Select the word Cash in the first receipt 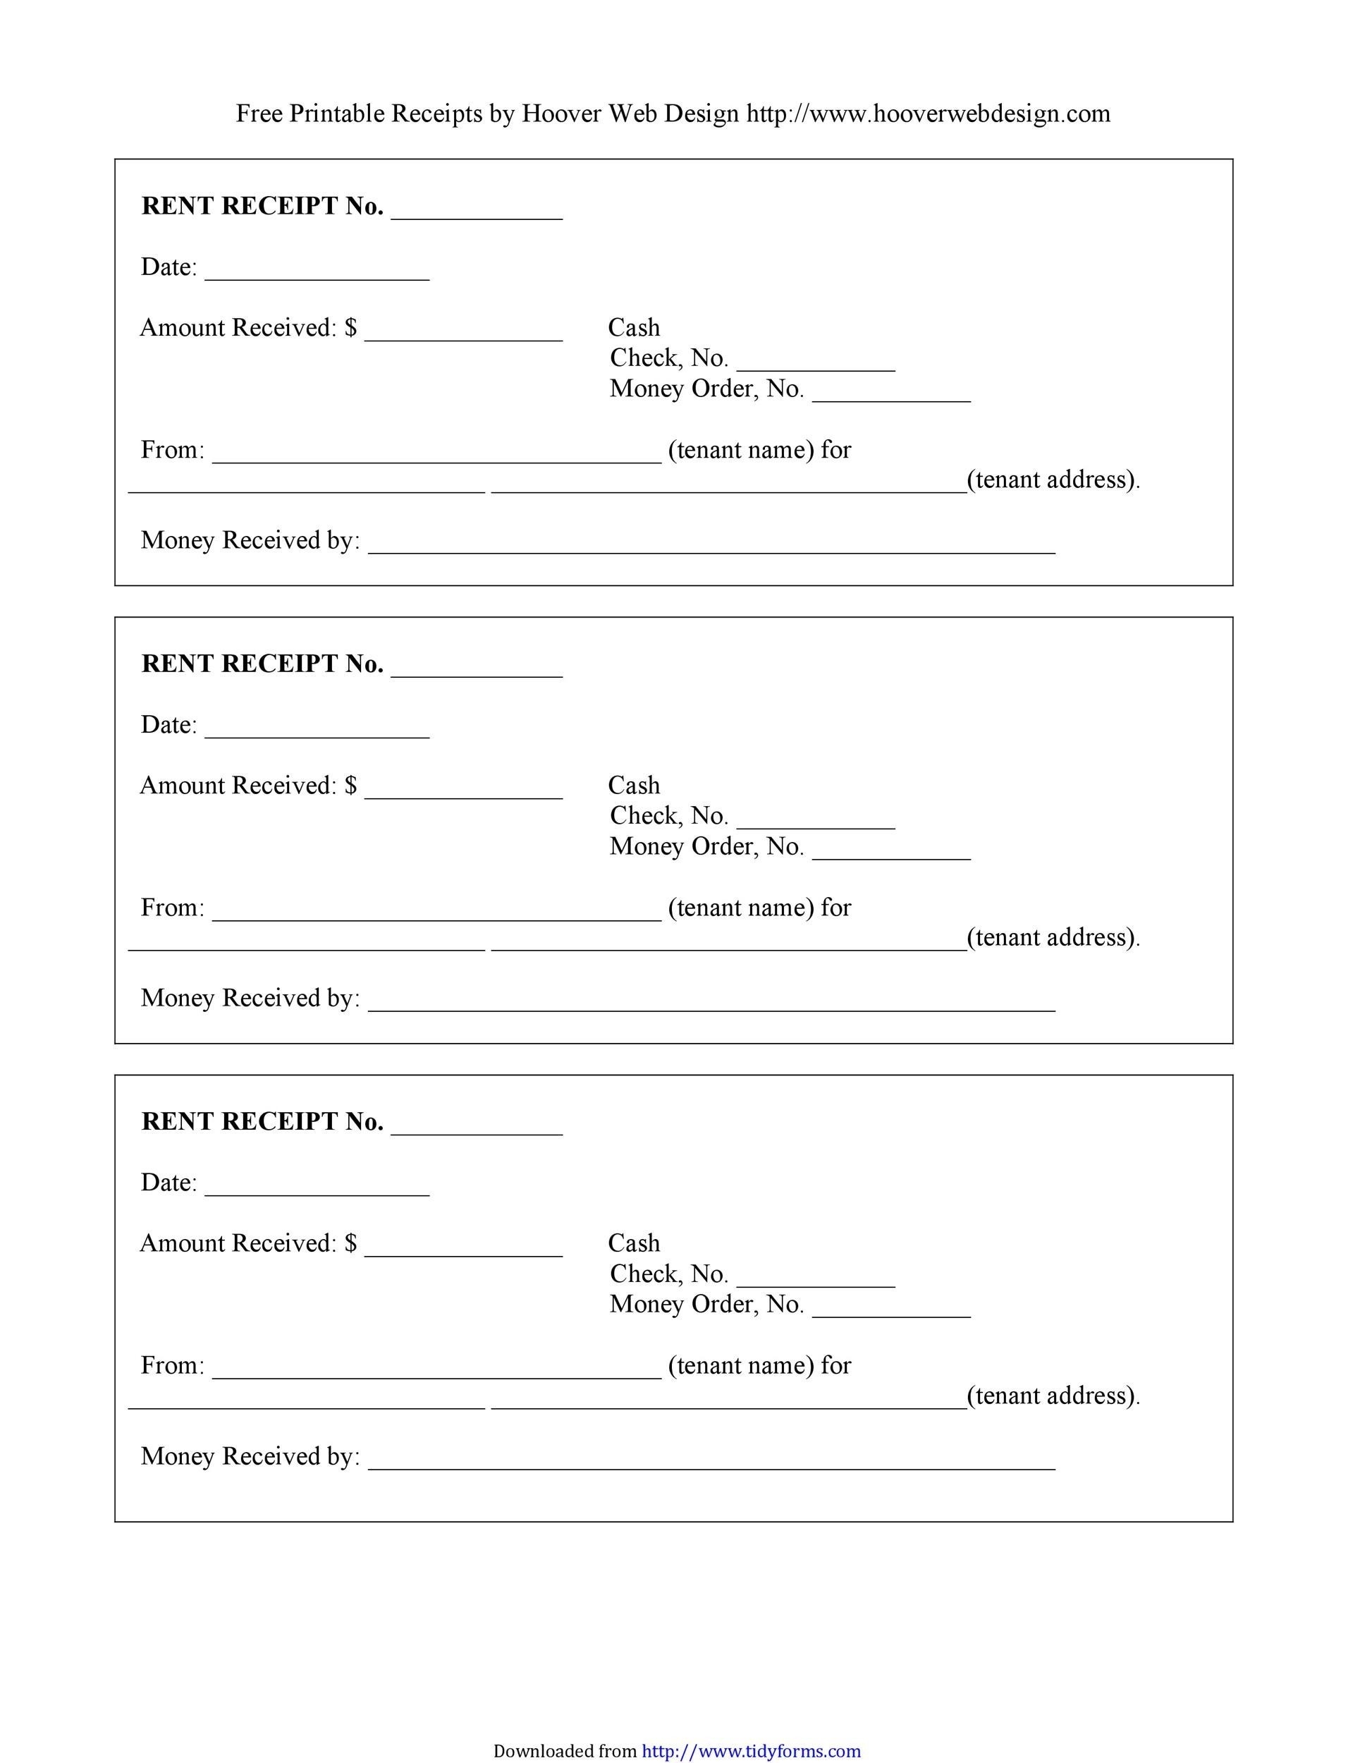point(634,327)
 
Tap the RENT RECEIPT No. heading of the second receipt point(262,664)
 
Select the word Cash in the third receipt point(634,1243)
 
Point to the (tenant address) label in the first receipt point(1053,480)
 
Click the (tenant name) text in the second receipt point(740,908)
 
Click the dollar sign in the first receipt point(350,327)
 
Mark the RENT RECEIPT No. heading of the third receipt point(262,1121)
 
